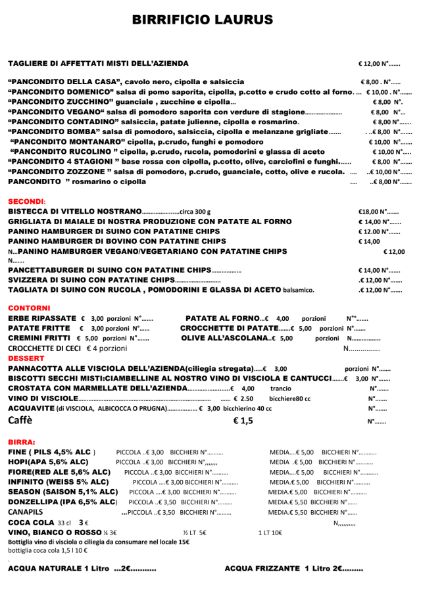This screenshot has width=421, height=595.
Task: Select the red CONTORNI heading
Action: coord(29,307)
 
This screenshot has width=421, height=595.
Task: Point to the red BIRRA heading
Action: coord(22,442)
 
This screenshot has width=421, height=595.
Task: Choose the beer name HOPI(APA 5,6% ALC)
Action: coord(47,462)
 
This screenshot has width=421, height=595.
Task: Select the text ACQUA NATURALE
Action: coord(43,567)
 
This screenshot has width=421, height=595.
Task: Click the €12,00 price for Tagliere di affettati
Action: coord(371,64)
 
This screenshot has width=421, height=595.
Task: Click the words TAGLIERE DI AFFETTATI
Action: coord(59,63)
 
